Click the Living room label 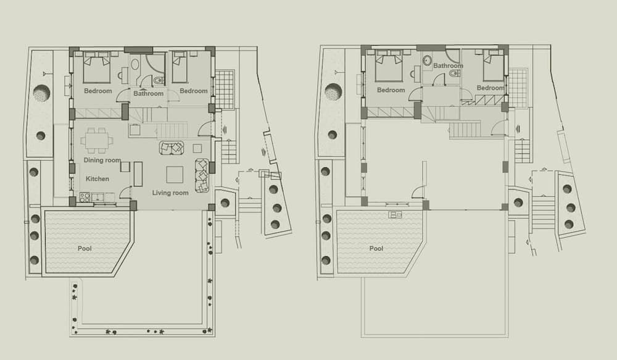pyautogui.click(x=170, y=193)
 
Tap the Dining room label pyautogui.click(x=102, y=160)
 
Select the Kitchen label pyautogui.click(x=97, y=178)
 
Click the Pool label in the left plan pyautogui.click(x=85, y=248)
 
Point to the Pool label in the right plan pyautogui.click(x=376, y=248)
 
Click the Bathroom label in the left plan pyautogui.click(x=148, y=93)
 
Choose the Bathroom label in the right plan pyautogui.click(x=448, y=65)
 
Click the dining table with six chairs pyautogui.click(x=97, y=140)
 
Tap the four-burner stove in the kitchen pyautogui.click(x=85, y=197)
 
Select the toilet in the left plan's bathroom pyautogui.click(x=158, y=80)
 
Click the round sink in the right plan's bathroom pyautogui.click(x=427, y=61)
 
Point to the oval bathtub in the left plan pyautogui.click(x=135, y=65)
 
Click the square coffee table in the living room pyautogui.click(x=175, y=175)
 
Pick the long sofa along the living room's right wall pyautogui.click(x=202, y=175)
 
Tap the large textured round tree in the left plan pyautogui.click(x=41, y=94)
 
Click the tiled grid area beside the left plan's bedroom pyautogui.click(x=225, y=90)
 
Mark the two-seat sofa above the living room pyautogui.click(x=172, y=148)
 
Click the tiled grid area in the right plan pyautogui.click(x=518, y=88)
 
